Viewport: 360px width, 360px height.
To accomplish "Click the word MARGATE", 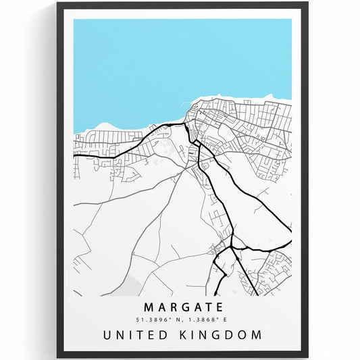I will click(x=182, y=305).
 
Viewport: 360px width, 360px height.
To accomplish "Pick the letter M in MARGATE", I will click(x=149, y=305).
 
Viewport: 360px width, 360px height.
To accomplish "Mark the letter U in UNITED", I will click(x=107, y=334).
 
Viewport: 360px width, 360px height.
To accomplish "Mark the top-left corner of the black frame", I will click(x=59, y=4).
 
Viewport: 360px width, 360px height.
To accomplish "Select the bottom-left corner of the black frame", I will click(x=59, y=356).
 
